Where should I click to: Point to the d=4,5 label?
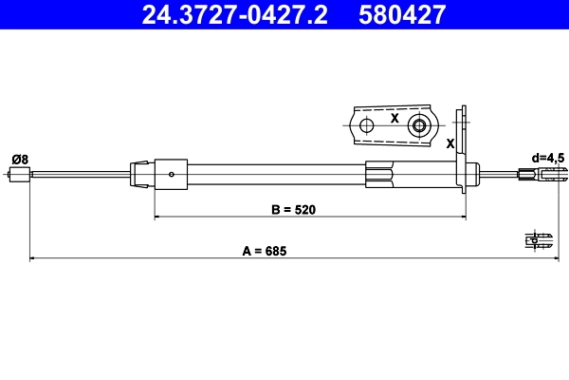pyautogui.click(x=548, y=157)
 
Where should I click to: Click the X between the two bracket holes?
pyautogui.click(x=393, y=120)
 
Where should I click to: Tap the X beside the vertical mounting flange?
pyautogui.click(x=450, y=142)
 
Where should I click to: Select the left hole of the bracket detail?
pyautogui.click(x=366, y=125)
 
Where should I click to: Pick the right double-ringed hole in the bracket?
pyautogui.click(x=418, y=125)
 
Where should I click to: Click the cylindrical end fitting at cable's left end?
pyautogui.click(x=18, y=174)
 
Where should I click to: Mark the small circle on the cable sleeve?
pyautogui.click(x=171, y=174)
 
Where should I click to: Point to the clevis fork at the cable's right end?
pyautogui.click(x=553, y=174)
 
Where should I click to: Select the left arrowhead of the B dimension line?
pyautogui.click(x=156, y=218)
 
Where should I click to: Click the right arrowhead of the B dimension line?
pyautogui.click(x=464, y=218)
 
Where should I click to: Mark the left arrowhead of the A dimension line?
pyautogui.click(x=33, y=258)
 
